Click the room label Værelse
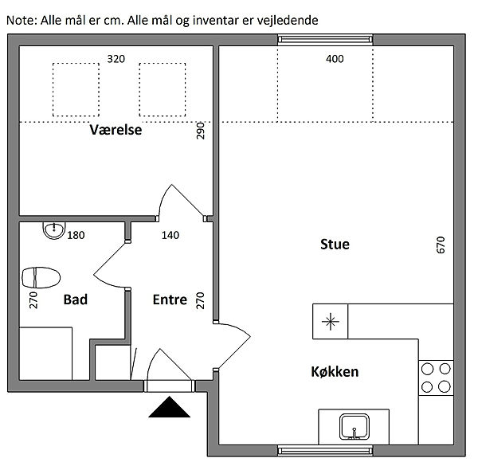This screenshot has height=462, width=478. [116, 130]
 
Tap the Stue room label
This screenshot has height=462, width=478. [335, 245]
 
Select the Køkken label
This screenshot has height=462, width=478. [335, 372]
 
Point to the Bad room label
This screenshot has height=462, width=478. [76, 300]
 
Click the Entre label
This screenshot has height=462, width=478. [170, 300]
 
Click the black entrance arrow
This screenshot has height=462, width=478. [169, 407]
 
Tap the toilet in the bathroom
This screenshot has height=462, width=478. [41, 277]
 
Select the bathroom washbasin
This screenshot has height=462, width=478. [54, 229]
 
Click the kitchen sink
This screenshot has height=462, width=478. [354, 427]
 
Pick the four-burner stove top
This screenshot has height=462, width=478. [436, 378]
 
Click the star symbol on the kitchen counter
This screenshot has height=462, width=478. [330, 322]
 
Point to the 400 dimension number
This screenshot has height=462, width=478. [335, 59]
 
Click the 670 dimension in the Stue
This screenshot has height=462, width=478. [441, 245]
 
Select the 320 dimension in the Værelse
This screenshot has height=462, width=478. [116, 59]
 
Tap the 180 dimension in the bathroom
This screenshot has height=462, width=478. [76, 235]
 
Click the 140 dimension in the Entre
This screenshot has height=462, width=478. [170, 235]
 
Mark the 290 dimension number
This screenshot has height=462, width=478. [200, 131]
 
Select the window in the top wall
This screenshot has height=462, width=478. [325, 40]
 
